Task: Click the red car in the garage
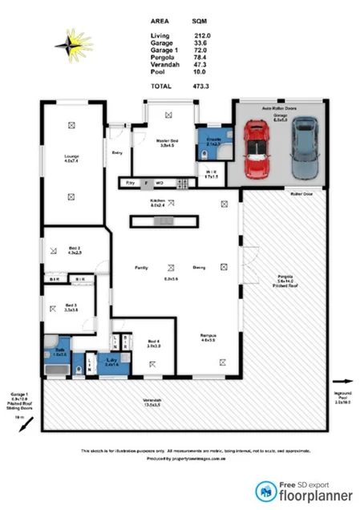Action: (257, 150)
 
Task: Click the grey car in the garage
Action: (304, 148)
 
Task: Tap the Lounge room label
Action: (71, 157)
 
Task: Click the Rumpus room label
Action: (210, 336)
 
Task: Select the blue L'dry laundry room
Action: (112, 362)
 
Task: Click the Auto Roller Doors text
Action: (278, 107)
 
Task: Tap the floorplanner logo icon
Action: (262, 491)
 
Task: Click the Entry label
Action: (117, 152)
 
